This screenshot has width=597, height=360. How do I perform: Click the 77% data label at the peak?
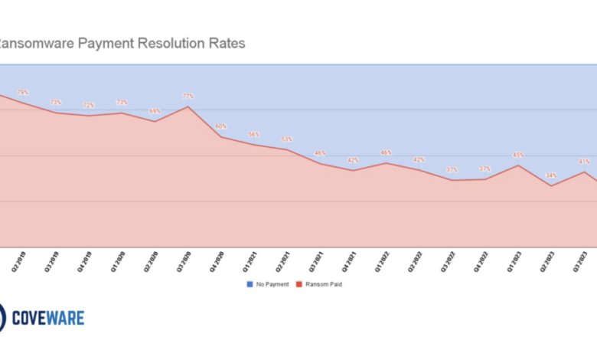pos(188,96)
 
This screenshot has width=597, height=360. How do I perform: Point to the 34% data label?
pos(551,175)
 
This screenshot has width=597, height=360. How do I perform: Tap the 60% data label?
pos(221,126)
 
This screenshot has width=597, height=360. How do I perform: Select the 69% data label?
pos(155,111)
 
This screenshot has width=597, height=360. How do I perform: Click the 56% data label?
pos(254,134)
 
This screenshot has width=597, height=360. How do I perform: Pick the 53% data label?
pos(287,139)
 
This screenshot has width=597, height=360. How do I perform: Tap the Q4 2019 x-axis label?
pos(85,263)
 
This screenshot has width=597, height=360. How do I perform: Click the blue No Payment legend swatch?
pos(250,284)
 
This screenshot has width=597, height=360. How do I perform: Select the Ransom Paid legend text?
pos(323,284)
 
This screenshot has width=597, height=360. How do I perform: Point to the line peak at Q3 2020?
pos(188,106)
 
